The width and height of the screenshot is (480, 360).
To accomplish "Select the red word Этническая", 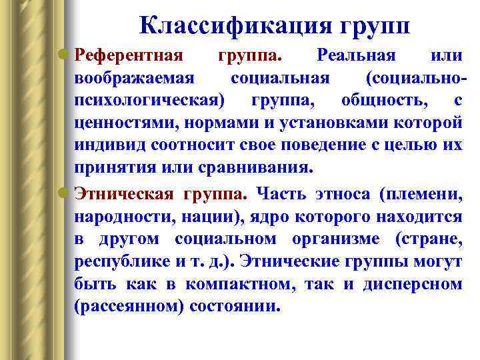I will [124, 194].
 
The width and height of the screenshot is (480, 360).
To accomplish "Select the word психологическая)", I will [150, 101].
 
